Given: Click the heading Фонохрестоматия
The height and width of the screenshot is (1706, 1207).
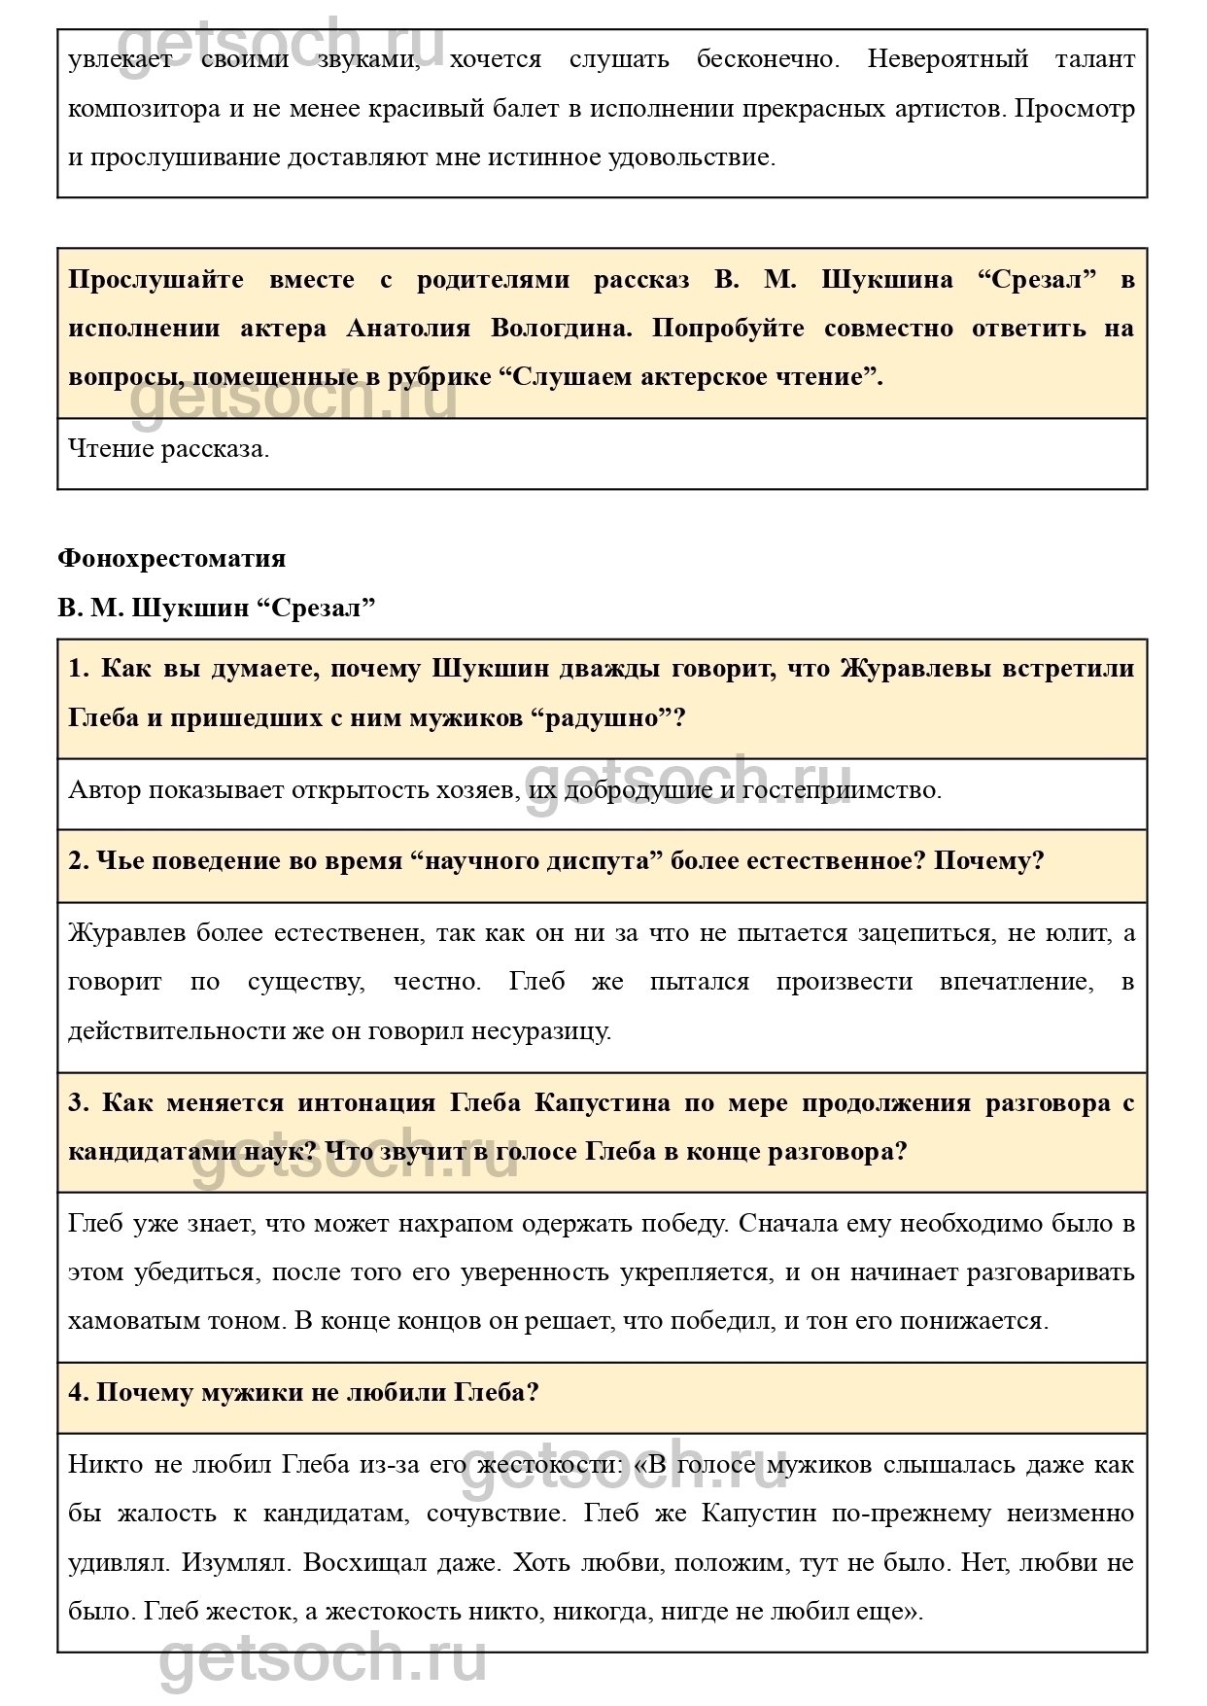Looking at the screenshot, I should pos(171,558).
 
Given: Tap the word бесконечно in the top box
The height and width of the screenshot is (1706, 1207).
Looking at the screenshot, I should pos(767,59).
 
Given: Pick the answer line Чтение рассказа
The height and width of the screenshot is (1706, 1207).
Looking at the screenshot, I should pos(168,449).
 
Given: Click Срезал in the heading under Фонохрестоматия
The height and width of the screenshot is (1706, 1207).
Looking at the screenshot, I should pos(316,609).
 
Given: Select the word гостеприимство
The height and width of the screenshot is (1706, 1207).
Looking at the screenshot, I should pos(842,789).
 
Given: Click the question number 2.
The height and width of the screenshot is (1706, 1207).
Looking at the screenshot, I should pos(78,861).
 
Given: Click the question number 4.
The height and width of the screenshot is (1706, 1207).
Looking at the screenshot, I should pos(78,1393).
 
